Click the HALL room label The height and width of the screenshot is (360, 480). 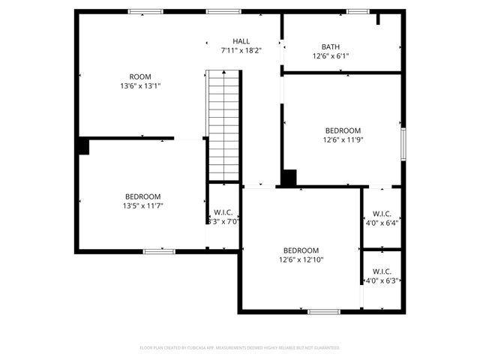tap(241, 41)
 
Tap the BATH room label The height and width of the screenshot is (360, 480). tap(330, 46)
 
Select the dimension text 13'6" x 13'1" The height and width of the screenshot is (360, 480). tap(140, 85)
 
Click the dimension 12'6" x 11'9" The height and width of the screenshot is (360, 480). tap(343, 139)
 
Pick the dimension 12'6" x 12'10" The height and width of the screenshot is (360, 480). tap(301, 259)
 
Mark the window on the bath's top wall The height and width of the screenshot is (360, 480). tap(358, 11)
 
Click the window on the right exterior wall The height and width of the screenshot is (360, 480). tap(403, 143)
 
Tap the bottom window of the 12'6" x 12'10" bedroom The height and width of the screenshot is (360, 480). tap(323, 311)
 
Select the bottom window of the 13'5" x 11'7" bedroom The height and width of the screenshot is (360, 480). tap(159, 251)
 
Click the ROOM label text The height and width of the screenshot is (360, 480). tap(140, 76)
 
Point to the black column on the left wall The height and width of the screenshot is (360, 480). tap(82, 145)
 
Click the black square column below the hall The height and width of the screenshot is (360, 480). tap(289, 178)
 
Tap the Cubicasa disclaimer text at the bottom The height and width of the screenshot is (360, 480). tap(240, 348)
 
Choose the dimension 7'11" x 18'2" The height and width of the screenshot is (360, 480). tap(241, 50)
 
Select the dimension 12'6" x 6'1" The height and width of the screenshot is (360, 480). tap(330, 55)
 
